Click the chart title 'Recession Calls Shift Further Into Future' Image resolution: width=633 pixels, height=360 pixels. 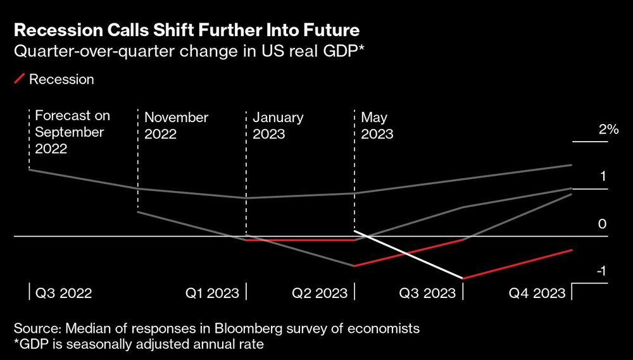187,30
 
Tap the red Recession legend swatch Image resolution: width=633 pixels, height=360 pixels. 20,79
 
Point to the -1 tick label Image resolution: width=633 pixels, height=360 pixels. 601,271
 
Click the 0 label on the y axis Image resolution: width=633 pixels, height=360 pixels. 603,225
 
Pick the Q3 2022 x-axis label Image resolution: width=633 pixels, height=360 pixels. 63,293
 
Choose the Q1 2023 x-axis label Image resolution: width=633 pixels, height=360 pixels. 212,293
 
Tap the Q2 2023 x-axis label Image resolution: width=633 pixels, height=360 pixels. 320,293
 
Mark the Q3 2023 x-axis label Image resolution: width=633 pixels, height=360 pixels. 427,293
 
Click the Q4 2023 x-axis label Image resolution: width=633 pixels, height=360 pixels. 537,293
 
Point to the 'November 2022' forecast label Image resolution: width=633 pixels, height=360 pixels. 176,125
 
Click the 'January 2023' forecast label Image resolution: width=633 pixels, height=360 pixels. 278,125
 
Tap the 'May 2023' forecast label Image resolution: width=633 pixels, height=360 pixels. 377,125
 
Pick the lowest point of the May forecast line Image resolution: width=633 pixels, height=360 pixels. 463,278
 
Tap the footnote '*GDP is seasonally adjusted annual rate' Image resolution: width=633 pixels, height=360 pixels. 136,344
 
